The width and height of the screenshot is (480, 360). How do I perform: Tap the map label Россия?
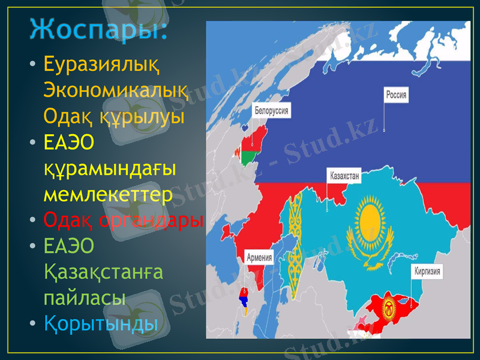396,95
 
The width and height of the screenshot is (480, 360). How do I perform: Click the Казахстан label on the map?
344,176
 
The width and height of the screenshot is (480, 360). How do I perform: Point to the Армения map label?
259,257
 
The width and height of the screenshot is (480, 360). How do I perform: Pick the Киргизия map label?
427,271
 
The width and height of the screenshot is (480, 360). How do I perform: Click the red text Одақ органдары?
124,220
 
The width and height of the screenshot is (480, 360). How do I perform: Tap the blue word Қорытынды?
101,323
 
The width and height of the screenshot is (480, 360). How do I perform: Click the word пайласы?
85,298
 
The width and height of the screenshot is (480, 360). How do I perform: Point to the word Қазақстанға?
103,272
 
